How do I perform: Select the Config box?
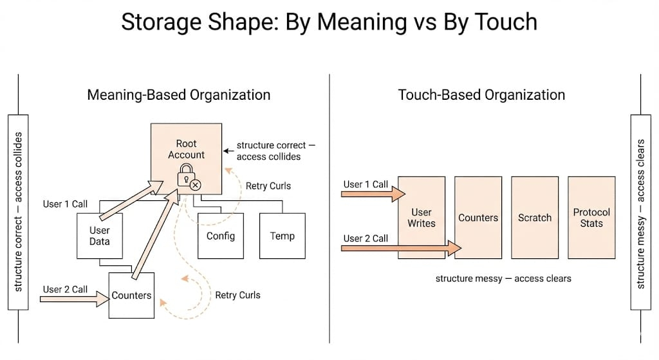[x=220, y=236]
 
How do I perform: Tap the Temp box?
[x=282, y=236]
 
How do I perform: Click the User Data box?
[x=99, y=236]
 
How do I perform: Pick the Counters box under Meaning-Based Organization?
[x=131, y=296]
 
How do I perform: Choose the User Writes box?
[x=422, y=217]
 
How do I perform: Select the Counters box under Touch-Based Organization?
[x=478, y=217]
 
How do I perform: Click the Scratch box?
[x=534, y=217]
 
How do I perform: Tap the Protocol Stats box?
[x=591, y=217]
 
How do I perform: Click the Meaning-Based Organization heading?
[x=178, y=95]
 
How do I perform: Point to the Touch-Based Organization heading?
[x=481, y=95]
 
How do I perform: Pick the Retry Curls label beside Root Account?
[x=268, y=186]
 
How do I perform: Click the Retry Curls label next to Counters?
[x=237, y=295]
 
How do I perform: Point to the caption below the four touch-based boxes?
[x=503, y=278]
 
